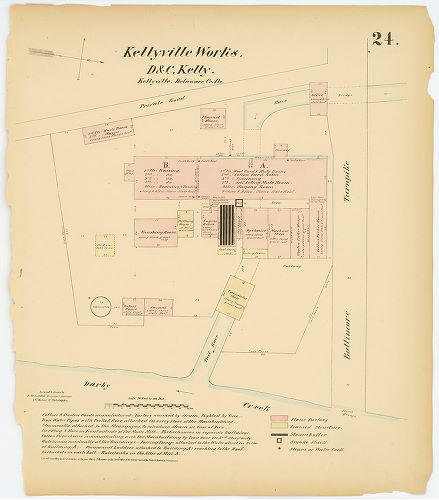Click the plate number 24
[x=385, y=40]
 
